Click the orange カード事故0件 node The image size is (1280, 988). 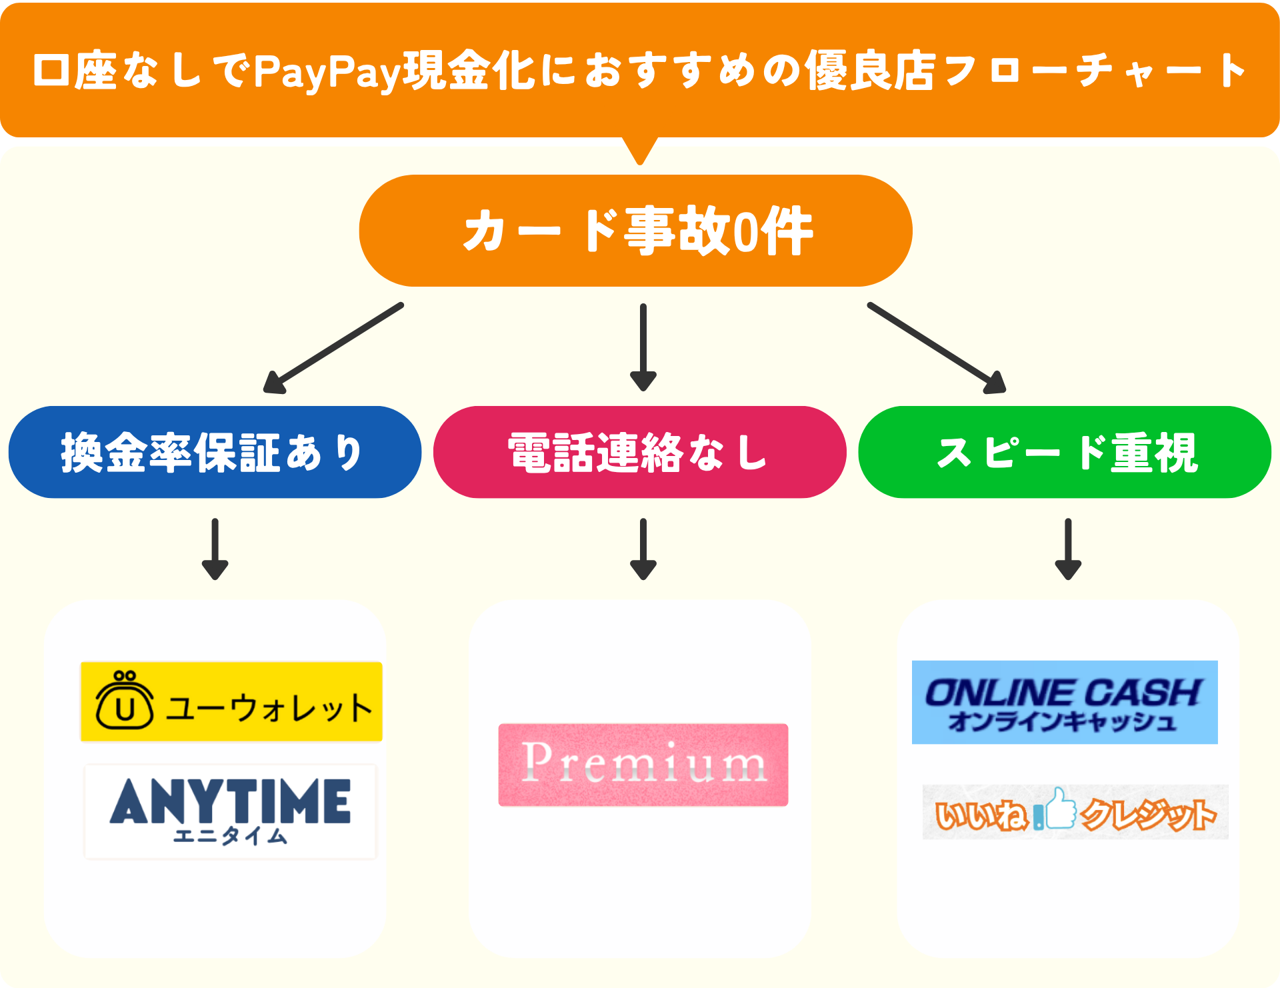635,231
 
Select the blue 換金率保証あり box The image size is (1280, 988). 215,452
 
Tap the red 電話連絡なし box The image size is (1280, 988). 639,452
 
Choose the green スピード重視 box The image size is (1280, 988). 1065,452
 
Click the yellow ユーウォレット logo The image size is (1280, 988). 231,701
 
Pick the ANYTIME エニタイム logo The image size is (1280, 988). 231,811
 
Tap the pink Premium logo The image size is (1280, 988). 643,765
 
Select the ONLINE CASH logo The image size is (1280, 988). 1065,702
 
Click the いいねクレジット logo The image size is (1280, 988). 1075,812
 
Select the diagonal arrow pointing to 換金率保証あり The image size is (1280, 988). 333,348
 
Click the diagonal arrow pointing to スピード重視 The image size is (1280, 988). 936,348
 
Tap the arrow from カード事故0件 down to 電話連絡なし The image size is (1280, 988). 643,347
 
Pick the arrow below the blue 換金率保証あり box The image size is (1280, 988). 215,549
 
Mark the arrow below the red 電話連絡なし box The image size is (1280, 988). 643,549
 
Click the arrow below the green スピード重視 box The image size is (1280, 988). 1068,549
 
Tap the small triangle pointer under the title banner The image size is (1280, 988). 640,149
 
